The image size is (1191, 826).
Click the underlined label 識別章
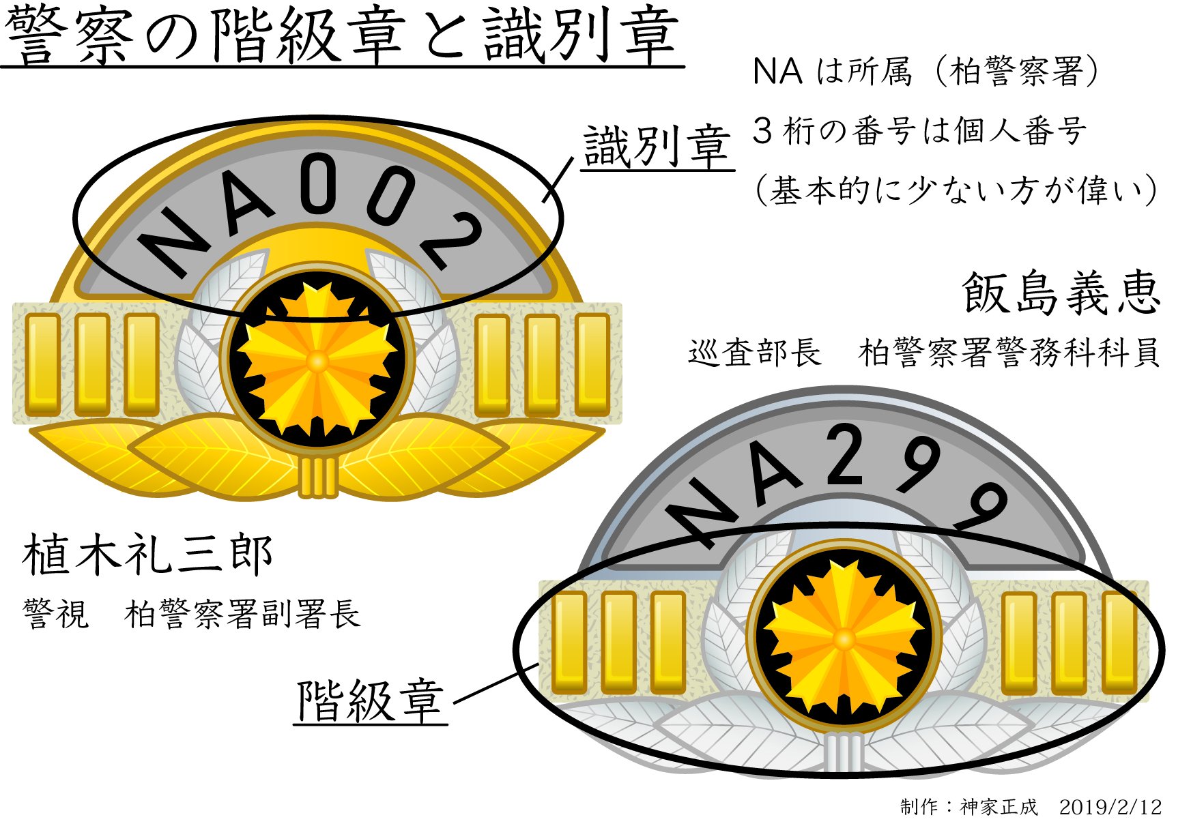pyautogui.click(x=657, y=147)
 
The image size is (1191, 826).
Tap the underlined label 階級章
pyautogui.click(x=371, y=701)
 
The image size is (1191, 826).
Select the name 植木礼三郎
pyautogui.click(x=148, y=555)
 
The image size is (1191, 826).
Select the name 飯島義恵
pyautogui.click(x=1061, y=293)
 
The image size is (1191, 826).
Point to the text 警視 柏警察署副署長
pyautogui.click(x=191, y=614)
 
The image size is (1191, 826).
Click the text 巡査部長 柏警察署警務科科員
pyautogui.click(x=923, y=353)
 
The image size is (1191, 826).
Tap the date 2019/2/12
pyautogui.click(x=1110, y=808)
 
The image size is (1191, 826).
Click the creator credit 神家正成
pyautogui.click(x=999, y=808)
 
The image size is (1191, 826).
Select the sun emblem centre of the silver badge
pyautogui.click(x=844, y=639)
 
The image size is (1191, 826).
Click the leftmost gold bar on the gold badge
pyautogui.click(x=42, y=365)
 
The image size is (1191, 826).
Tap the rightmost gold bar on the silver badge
pyautogui.click(x=1119, y=643)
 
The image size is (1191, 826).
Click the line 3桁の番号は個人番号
pyautogui.click(x=919, y=131)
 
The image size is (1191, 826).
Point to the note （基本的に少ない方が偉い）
pyautogui.click(x=956, y=190)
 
